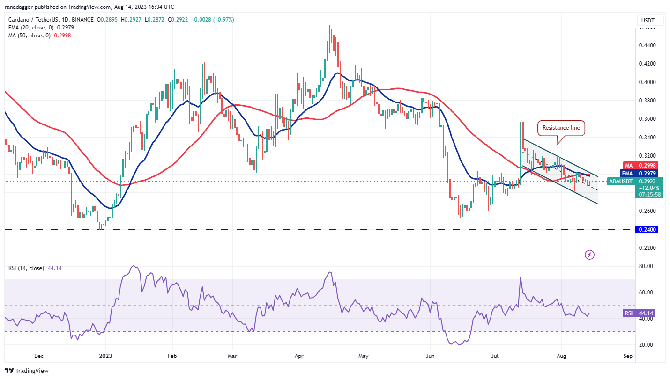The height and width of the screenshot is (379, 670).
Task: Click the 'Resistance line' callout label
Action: pos(561,127)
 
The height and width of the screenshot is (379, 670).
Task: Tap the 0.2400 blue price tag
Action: pos(648,230)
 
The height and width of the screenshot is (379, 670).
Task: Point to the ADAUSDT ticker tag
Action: pos(621,181)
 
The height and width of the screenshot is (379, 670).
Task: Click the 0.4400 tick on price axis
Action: pos(648,45)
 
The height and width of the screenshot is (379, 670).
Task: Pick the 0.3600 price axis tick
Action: pos(648,119)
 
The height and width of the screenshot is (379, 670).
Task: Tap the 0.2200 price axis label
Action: pos(648,248)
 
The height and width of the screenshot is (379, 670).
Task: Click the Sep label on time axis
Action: pos(628,356)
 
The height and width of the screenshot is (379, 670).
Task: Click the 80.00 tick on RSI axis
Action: pos(646,266)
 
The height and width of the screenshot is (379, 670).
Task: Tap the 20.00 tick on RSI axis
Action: pos(646,345)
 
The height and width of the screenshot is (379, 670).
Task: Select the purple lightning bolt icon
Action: pos(590,255)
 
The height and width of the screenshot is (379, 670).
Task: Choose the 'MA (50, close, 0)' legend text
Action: pos(34,35)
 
